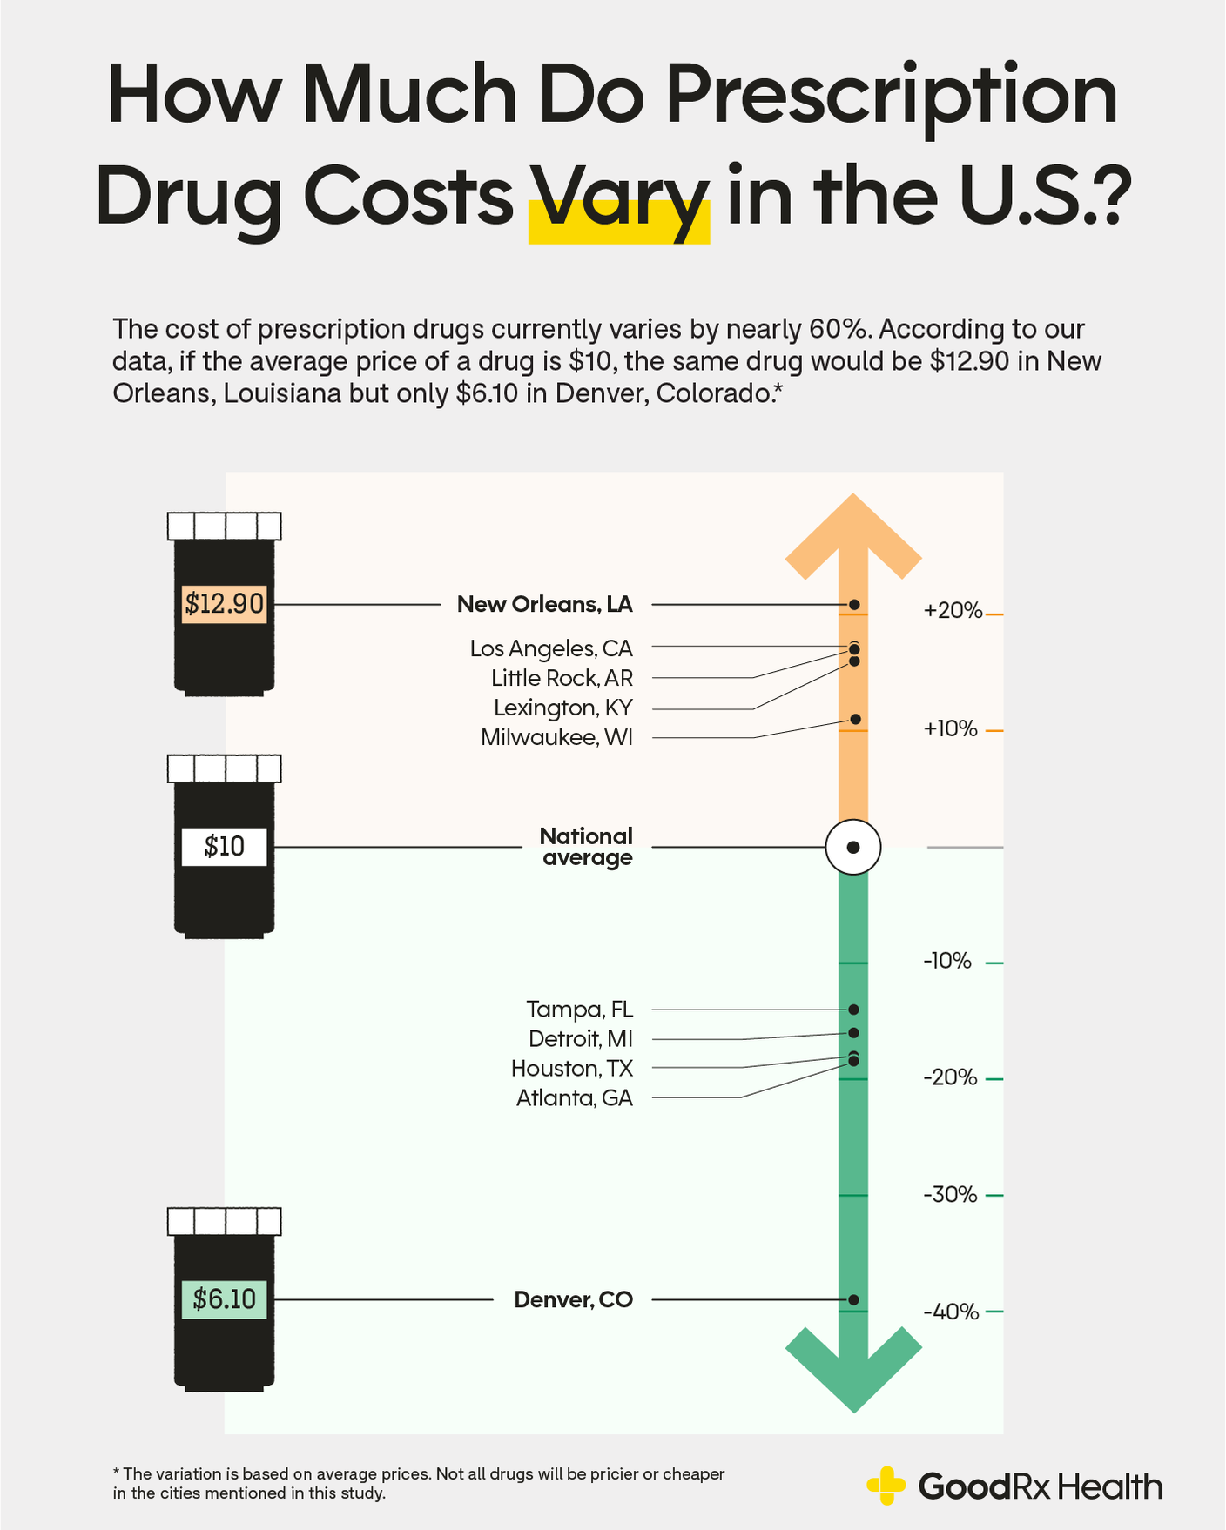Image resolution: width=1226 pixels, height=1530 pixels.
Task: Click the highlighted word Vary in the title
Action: tap(619, 198)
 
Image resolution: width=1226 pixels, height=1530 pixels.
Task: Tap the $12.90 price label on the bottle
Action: tap(224, 603)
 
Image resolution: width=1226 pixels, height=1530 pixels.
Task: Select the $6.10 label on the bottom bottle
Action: tap(224, 1299)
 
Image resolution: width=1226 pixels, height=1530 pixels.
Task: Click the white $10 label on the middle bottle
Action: tap(224, 846)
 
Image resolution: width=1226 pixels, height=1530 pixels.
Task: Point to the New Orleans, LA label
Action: tap(544, 604)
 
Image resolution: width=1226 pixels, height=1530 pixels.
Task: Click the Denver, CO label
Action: tap(573, 1299)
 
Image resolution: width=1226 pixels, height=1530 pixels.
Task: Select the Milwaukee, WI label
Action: tap(556, 738)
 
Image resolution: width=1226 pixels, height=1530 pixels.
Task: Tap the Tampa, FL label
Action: tap(579, 1010)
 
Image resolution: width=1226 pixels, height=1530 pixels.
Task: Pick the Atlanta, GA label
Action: tap(574, 1098)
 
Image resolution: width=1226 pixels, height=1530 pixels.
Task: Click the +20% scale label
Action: tap(953, 611)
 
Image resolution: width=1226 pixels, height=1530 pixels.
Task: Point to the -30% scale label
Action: tap(950, 1195)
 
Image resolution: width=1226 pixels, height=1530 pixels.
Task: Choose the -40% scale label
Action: tap(951, 1312)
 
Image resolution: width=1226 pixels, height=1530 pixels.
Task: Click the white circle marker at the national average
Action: tap(853, 847)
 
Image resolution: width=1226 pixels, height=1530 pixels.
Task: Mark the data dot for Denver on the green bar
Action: tap(853, 1299)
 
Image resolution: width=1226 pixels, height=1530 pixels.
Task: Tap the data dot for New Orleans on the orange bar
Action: tap(854, 604)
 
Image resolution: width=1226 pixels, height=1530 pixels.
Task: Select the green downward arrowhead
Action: tap(853, 1371)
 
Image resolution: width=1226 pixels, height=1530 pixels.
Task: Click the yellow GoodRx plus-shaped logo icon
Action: tap(886, 1486)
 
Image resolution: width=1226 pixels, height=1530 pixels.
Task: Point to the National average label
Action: tap(586, 847)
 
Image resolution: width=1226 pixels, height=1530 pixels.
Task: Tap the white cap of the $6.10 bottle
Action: tap(224, 1221)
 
